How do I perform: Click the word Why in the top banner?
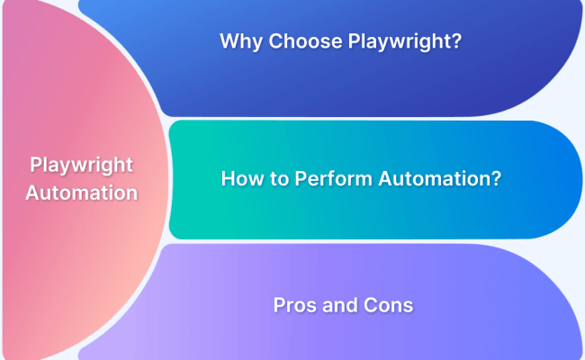[238, 40]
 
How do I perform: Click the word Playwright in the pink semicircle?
[82, 166]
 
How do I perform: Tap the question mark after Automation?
[495, 178]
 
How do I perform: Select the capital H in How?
[228, 178]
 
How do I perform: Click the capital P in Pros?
[279, 305]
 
